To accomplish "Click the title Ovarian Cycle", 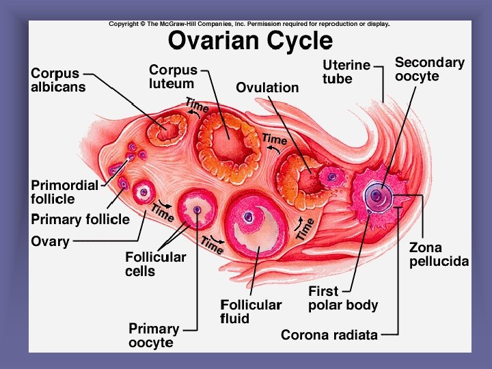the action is [x=250, y=40].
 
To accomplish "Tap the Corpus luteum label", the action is [x=174, y=77].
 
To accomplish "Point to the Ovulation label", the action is [x=267, y=87].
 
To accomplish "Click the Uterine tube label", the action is [x=346, y=72].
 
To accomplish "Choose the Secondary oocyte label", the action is [x=430, y=69].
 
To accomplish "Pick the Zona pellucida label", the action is [x=439, y=254].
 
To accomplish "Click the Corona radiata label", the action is [x=329, y=335].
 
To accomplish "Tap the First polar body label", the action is [x=342, y=298].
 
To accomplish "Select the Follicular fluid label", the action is [x=251, y=311].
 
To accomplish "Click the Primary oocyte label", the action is [x=154, y=335].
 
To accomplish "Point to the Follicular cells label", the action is [x=155, y=264].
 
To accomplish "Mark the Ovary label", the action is [x=50, y=241].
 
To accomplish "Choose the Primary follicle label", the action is [x=80, y=219].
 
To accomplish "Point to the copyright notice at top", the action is [x=249, y=24].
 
